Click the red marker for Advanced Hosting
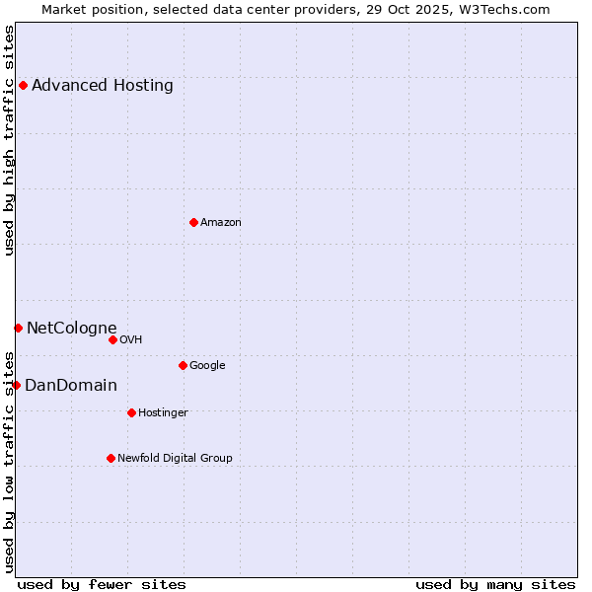click(23, 85)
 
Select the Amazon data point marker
click(193, 222)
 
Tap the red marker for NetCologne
click(18, 328)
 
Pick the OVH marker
click(112, 339)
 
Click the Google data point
click(183, 365)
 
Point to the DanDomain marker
click(16, 385)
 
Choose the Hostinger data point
click(131, 412)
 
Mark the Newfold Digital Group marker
click(111, 458)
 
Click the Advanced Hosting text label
click(103, 85)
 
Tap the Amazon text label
click(221, 222)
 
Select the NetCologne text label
click(72, 328)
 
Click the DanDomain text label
click(71, 385)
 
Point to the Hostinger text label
click(164, 412)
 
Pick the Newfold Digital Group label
click(176, 458)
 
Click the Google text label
click(207, 365)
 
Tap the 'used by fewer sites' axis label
click(102, 584)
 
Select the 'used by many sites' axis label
click(495, 584)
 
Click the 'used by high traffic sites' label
click(9, 140)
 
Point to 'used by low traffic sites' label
click(9, 462)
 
